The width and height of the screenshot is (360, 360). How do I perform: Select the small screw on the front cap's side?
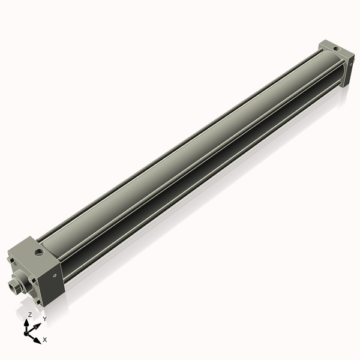coord(56,275)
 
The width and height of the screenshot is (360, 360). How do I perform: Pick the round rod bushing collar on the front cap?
coord(22,281)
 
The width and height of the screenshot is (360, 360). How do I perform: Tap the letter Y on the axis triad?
coord(44,319)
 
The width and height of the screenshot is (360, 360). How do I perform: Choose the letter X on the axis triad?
coord(44,340)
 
